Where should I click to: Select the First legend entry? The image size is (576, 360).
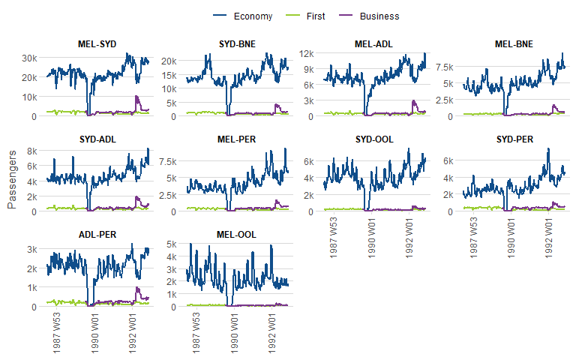tap(316, 16)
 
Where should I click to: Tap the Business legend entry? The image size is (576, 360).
tap(379, 16)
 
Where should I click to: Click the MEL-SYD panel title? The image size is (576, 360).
tap(97, 44)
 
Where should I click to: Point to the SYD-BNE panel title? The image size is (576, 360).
tap(237, 44)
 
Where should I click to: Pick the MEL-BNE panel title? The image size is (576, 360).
tap(514, 44)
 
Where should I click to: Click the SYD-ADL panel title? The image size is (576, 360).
tap(97, 139)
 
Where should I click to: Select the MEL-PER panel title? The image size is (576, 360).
tap(237, 139)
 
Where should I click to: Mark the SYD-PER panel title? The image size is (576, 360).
tap(514, 139)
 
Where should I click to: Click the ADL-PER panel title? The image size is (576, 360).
tap(97, 235)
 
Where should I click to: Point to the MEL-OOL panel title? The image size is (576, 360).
tap(237, 235)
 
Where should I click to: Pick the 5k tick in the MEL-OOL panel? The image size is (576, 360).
tap(170, 244)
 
